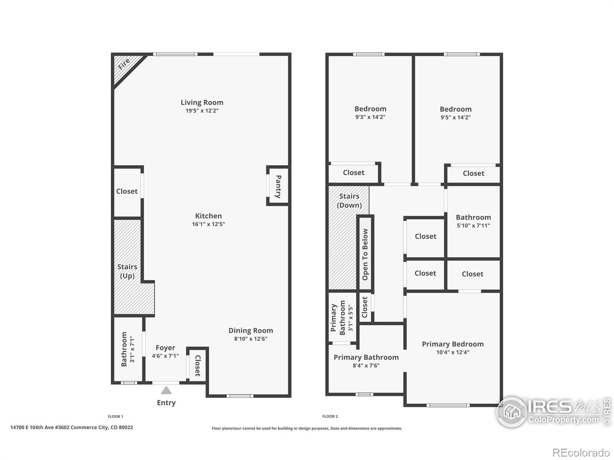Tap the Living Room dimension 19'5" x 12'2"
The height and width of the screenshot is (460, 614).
(202, 111)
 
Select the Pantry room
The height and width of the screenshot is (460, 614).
(278, 186)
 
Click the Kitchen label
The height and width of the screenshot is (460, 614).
(208, 216)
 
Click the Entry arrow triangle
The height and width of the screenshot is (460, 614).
(166, 391)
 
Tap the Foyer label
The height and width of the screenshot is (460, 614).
(165, 348)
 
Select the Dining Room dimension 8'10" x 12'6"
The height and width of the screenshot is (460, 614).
(251, 339)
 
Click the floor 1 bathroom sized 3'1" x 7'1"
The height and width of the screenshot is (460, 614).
(127, 349)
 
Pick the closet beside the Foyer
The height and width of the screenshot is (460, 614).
(197, 365)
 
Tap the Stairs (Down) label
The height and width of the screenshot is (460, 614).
(349, 200)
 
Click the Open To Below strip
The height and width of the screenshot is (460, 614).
(365, 254)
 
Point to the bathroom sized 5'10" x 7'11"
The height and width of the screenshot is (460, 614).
(473, 221)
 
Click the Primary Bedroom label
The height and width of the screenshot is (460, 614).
(452, 344)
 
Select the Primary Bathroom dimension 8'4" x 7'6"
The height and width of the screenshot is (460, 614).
(366, 366)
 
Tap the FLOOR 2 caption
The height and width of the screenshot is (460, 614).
(330, 416)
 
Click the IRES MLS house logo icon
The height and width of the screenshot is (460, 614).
(512, 412)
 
